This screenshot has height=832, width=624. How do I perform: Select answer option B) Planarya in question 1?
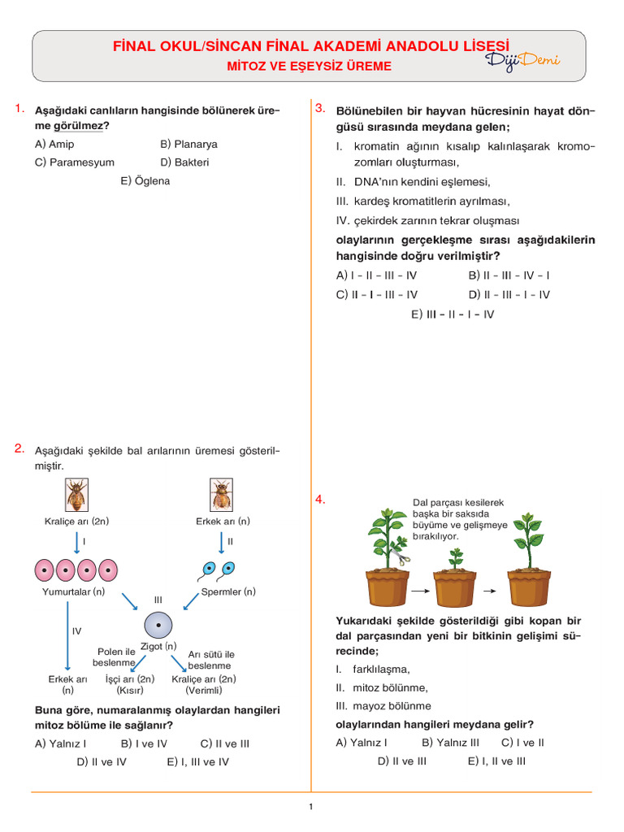tap(189, 144)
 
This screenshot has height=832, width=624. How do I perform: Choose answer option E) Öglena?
tap(145, 180)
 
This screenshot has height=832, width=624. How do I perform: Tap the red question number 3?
tap(320, 108)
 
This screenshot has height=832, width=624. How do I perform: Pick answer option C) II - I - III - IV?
tap(377, 295)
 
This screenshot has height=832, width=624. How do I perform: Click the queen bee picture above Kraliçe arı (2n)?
tap(77, 495)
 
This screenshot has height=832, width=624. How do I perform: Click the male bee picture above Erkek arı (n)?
tap(222, 495)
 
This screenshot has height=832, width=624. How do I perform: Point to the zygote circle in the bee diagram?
tap(159, 625)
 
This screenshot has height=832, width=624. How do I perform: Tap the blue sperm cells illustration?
tap(218, 569)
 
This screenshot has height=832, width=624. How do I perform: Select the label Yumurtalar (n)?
tap(74, 592)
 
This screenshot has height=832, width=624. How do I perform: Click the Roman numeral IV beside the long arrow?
tap(76, 630)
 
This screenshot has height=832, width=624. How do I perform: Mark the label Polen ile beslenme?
tap(115, 657)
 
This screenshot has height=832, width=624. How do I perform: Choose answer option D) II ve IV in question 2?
tap(102, 762)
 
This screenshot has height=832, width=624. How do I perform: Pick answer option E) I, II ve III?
tap(496, 761)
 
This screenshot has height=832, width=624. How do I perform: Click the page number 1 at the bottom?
tap(311, 807)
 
